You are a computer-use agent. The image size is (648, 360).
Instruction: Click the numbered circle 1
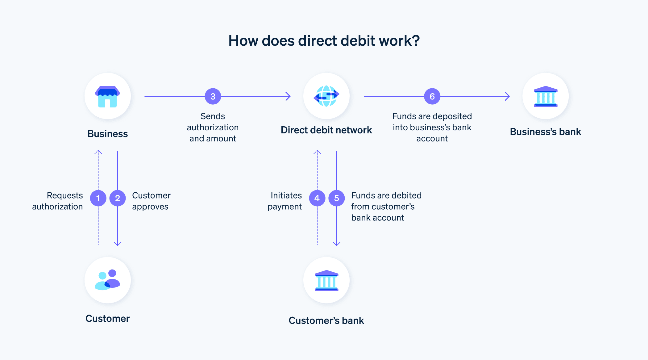tap(98, 198)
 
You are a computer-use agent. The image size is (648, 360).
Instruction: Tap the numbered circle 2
tap(118, 198)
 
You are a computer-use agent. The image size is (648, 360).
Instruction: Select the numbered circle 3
tap(213, 96)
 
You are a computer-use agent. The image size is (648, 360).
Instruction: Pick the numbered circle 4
tap(317, 198)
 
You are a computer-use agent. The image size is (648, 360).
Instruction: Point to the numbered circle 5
tap(337, 198)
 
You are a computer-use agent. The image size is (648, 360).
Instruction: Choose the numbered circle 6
tap(432, 96)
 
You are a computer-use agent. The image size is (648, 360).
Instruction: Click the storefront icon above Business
tap(107, 96)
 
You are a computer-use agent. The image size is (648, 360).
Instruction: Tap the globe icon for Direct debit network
tap(326, 96)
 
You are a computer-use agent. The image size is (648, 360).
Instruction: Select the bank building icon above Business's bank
tap(546, 96)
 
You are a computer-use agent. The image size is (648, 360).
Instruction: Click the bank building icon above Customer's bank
tap(326, 280)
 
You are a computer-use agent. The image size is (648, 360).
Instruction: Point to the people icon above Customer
tap(107, 280)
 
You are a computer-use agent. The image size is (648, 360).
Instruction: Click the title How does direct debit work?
tap(324, 41)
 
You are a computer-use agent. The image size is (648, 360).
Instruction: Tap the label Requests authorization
tap(58, 201)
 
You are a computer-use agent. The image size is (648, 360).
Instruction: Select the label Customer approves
tap(151, 201)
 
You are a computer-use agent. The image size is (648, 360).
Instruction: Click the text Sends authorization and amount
tap(213, 127)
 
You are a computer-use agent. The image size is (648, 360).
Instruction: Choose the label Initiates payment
tap(285, 201)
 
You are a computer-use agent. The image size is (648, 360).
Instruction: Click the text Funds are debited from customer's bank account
tap(386, 206)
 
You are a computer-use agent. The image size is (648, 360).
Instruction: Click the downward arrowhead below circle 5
tap(337, 244)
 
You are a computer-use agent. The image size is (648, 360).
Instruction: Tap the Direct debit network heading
tap(326, 130)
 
